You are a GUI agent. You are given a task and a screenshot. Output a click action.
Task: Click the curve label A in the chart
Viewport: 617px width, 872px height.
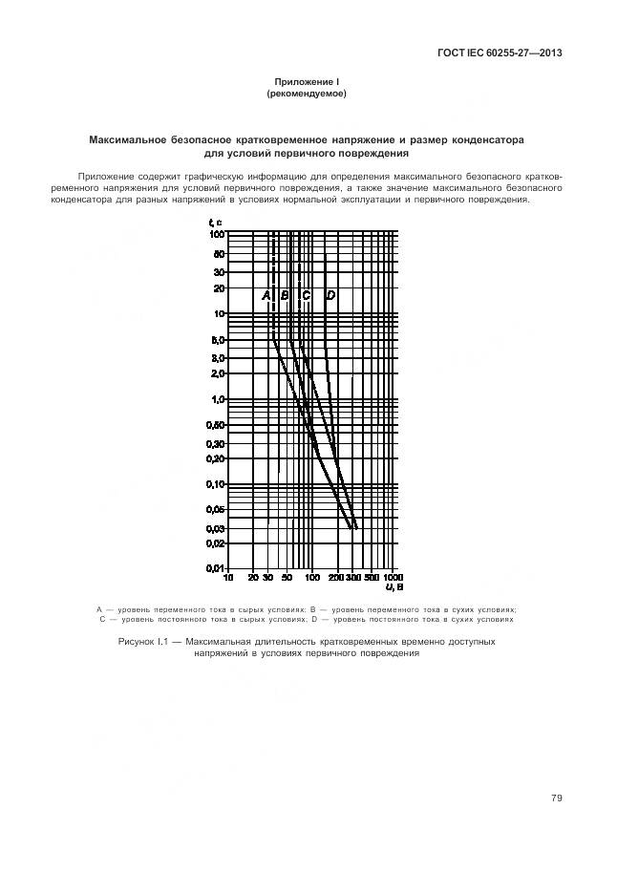pyautogui.click(x=266, y=296)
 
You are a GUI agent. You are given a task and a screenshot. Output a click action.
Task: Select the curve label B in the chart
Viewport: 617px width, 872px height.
pyautogui.click(x=285, y=296)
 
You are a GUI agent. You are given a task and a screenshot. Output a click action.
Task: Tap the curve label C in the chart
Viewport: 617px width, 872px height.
pyautogui.click(x=307, y=296)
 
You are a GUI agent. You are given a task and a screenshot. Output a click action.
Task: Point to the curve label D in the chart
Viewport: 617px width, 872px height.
pyautogui.click(x=330, y=296)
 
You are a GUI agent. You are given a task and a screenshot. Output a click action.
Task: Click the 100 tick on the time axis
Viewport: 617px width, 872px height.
pyautogui.click(x=217, y=234)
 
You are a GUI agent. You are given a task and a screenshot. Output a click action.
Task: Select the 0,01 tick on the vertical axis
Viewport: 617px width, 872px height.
pyautogui.click(x=216, y=568)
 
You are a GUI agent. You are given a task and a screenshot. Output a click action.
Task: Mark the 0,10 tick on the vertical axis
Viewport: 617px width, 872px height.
pyautogui.click(x=217, y=484)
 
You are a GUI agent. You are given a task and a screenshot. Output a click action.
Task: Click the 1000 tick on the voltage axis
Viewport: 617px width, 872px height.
pyautogui.click(x=395, y=578)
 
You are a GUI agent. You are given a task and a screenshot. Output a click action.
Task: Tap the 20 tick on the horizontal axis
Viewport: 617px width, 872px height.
pyautogui.click(x=253, y=578)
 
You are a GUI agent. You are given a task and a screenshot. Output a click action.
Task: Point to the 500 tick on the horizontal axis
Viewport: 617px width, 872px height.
pyautogui.click(x=371, y=578)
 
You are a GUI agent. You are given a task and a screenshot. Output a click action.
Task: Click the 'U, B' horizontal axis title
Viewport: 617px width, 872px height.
pyautogui.click(x=394, y=588)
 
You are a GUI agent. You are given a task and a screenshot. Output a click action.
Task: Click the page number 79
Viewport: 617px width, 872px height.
pyautogui.click(x=556, y=798)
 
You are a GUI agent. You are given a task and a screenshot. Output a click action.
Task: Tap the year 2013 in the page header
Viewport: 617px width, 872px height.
pyautogui.click(x=548, y=53)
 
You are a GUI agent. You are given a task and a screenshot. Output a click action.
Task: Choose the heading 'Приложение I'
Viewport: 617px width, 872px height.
pyautogui.click(x=308, y=84)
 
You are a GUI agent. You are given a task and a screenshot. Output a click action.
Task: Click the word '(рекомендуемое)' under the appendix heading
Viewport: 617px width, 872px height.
pyautogui.click(x=308, y=95)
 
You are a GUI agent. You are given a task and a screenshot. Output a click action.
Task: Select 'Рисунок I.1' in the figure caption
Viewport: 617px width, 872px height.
pyautogui.click(x=143, y=642)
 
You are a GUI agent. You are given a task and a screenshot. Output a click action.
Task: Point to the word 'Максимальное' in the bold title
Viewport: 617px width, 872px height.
pyautogui.click(x=126, y=140)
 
